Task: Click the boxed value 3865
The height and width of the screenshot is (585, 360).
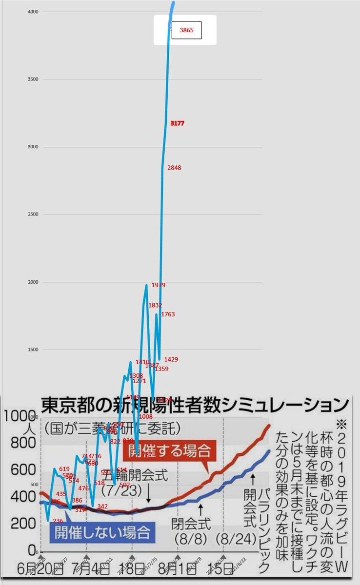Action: [186, 30]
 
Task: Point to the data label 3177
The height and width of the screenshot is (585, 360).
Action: [177, 124]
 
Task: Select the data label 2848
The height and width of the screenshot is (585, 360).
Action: [174, 168]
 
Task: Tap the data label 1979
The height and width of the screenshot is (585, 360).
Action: [159, 285]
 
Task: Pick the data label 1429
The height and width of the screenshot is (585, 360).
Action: [171, 359]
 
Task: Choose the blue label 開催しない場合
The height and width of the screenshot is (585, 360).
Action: [102, 531]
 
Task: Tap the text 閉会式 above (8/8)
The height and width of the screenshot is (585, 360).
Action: [191, 524]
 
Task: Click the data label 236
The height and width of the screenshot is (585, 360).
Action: [58, 521]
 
